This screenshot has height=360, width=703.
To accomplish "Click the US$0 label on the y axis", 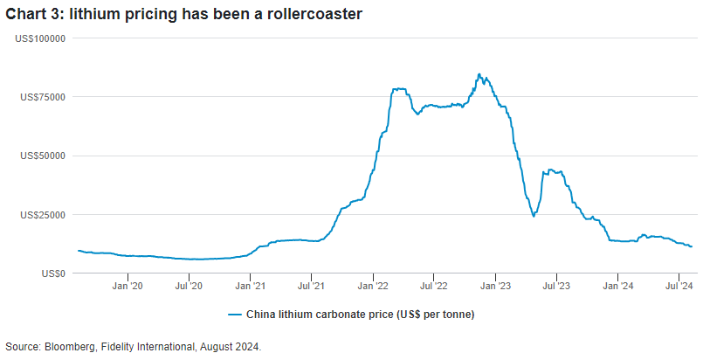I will (x=54, y=273).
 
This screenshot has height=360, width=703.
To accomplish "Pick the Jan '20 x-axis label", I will (x=128, y=286).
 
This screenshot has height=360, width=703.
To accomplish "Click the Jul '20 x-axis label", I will (x=190, y=286).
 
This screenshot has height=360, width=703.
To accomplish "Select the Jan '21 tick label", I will (x=251, y=286).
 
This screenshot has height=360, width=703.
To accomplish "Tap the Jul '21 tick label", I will (x=312, y=286).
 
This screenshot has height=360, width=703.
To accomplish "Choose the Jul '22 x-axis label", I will (x=434, y=286).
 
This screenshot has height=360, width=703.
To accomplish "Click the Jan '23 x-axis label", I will (x=496, y=286).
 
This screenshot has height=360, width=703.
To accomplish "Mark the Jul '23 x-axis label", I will (x=556, y=286).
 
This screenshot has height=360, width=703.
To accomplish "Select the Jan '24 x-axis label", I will (x=618, y=286).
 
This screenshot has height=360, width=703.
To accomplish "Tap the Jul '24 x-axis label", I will (x=679, y=286).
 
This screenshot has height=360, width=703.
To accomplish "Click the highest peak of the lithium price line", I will (x=479, y=74).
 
